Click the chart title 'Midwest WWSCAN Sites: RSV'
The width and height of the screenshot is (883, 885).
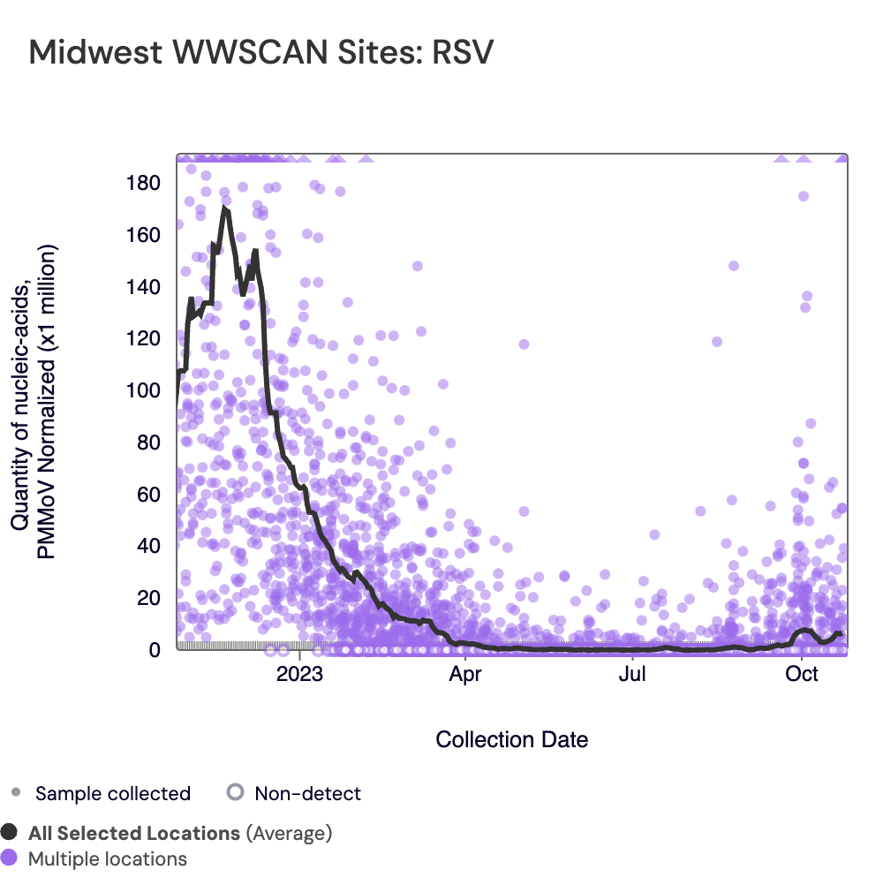pos(260,52)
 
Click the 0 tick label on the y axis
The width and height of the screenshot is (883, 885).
pos(155,650)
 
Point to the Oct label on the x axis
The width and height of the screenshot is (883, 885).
pos(801,676)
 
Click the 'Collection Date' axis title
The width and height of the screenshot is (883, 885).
pos(512,739)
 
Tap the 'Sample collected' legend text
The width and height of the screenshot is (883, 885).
pos(113,793)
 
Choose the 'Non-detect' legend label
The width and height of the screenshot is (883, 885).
pos(307,793)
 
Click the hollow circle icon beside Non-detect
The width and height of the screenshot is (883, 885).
pos(234,792)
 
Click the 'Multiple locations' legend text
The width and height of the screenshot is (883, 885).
pos(108,859)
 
